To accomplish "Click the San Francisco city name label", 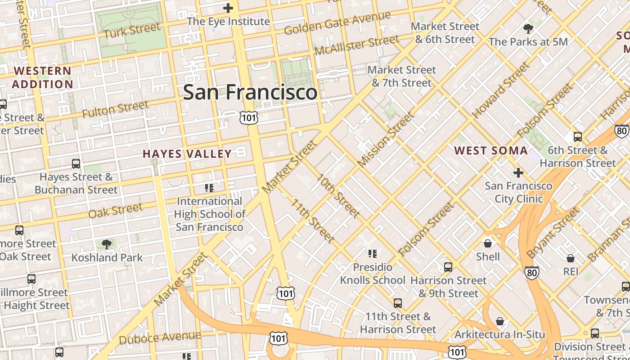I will click(250, 92).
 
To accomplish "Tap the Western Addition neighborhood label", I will click(42, 77).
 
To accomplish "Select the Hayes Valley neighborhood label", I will click(187, 154).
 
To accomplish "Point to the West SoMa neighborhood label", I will click(490, 150).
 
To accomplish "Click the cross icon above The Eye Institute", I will click(228, 8).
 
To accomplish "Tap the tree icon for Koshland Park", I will click(107, 244).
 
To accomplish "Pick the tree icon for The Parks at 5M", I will click(528, 29).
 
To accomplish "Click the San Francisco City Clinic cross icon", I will click(518, 172).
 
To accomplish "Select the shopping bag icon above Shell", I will click(488, 243).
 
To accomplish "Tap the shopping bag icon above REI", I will click(571, 258).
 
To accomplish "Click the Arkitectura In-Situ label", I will click(499, 334).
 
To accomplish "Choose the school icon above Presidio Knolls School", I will click(372, 254).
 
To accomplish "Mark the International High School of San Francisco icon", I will click(209, 188).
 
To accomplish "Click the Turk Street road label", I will click(132, 31).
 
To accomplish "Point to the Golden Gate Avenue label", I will click(337, 23).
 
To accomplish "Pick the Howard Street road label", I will click(500, 90).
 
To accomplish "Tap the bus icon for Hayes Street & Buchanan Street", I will click(76, 164).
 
